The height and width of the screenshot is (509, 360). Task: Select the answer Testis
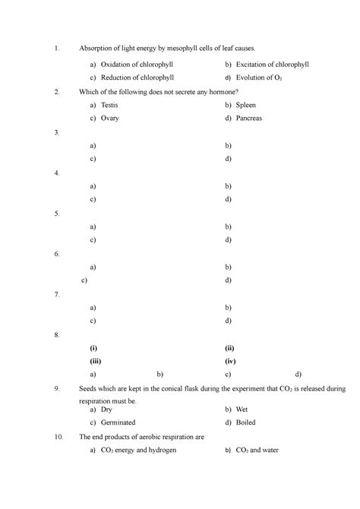point(109,106)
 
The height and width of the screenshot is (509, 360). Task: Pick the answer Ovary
point(109,119)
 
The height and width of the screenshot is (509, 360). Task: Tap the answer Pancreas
point(249,119)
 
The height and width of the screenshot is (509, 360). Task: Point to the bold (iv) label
point(231,362)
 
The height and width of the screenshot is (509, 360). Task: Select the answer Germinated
point(118,422)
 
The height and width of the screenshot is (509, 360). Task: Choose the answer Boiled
point(246,422)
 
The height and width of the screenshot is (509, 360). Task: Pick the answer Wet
point(242,409)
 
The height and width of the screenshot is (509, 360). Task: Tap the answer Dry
point(108,409)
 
